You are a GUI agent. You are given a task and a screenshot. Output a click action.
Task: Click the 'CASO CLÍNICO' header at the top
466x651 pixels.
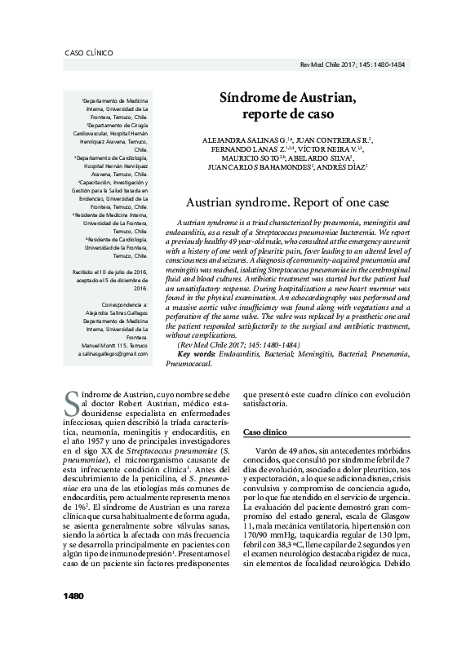click(88, 53)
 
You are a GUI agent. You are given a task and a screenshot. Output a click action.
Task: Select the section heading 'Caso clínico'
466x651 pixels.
click(264, 431)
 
